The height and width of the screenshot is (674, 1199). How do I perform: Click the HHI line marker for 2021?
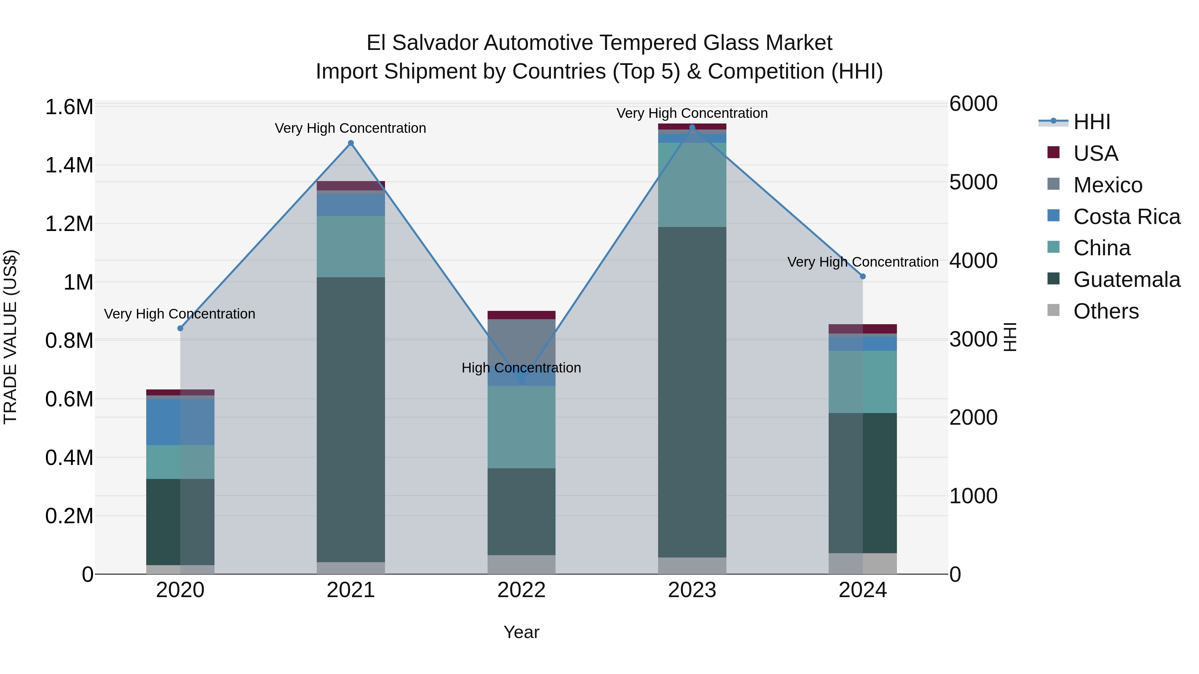point(351,143)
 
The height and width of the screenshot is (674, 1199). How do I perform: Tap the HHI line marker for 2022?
point(521,381)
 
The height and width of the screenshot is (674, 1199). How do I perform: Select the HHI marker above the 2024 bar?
point(863,276)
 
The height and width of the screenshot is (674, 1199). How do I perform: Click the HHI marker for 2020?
point(181,329)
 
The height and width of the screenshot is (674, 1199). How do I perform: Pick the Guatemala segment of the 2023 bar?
point(692,392)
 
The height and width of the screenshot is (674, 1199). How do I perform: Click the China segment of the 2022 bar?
point(521,427)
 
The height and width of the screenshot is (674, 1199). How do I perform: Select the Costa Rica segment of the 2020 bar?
point(181,422)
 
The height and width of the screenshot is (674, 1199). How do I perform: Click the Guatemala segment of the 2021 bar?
point(351,420)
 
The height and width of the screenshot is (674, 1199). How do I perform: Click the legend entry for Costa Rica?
point(1126,217)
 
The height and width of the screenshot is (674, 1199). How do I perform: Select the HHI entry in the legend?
point(1091,122)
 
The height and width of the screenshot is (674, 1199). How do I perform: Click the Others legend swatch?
point(1053,310)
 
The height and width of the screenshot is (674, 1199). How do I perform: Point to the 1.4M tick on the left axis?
point(69,166)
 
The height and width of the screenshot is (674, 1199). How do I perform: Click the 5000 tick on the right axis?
point(973,182)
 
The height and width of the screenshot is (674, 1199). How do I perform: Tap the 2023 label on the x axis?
point(692,590)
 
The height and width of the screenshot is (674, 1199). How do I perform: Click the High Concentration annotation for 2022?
point(521,368)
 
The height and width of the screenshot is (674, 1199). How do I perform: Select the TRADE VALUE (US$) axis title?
point(10,337)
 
